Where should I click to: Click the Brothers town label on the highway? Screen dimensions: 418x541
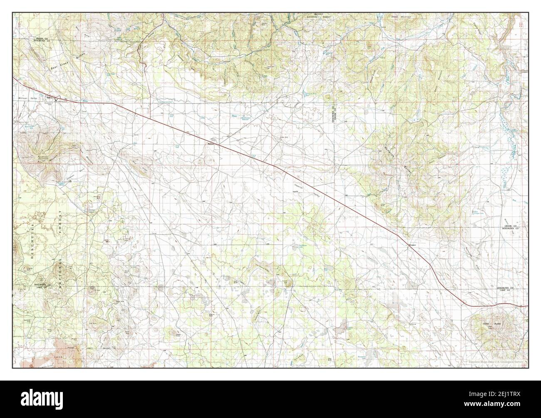(x=211, y=144)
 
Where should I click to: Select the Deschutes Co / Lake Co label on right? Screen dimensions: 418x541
(x=507, y=289)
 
